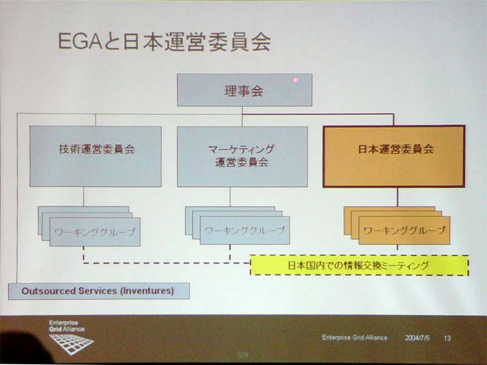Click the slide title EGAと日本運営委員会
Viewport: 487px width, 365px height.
coord(164,41)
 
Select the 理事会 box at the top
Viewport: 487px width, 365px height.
coord(245,90)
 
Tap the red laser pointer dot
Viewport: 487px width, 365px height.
coord(295,80)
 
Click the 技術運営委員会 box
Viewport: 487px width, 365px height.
coord(96,156)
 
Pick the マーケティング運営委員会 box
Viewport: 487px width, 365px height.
coord(242,157)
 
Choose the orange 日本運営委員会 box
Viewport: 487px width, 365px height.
coord(394,156)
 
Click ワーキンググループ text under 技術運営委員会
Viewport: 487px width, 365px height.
coord(95,232)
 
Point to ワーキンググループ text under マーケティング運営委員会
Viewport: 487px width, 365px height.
coord(245,231)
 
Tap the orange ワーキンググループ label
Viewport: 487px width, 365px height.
coord(404,231)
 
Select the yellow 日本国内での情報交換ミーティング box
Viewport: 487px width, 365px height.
coord(359,265)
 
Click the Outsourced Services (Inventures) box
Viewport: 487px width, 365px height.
coord(99,291)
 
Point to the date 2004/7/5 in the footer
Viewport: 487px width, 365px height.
coord(417,338)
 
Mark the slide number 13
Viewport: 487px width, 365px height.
coord(447,338)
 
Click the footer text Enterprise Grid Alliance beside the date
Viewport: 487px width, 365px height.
coord(354,338)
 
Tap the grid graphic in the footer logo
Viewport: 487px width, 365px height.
coord(71,344)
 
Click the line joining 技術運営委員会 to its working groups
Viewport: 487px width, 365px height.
coord(83,196)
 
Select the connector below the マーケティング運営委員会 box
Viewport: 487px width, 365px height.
coord(230,196)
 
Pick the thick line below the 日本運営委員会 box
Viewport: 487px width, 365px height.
coord(398,197)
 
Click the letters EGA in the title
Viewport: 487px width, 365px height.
coord(80,41)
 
